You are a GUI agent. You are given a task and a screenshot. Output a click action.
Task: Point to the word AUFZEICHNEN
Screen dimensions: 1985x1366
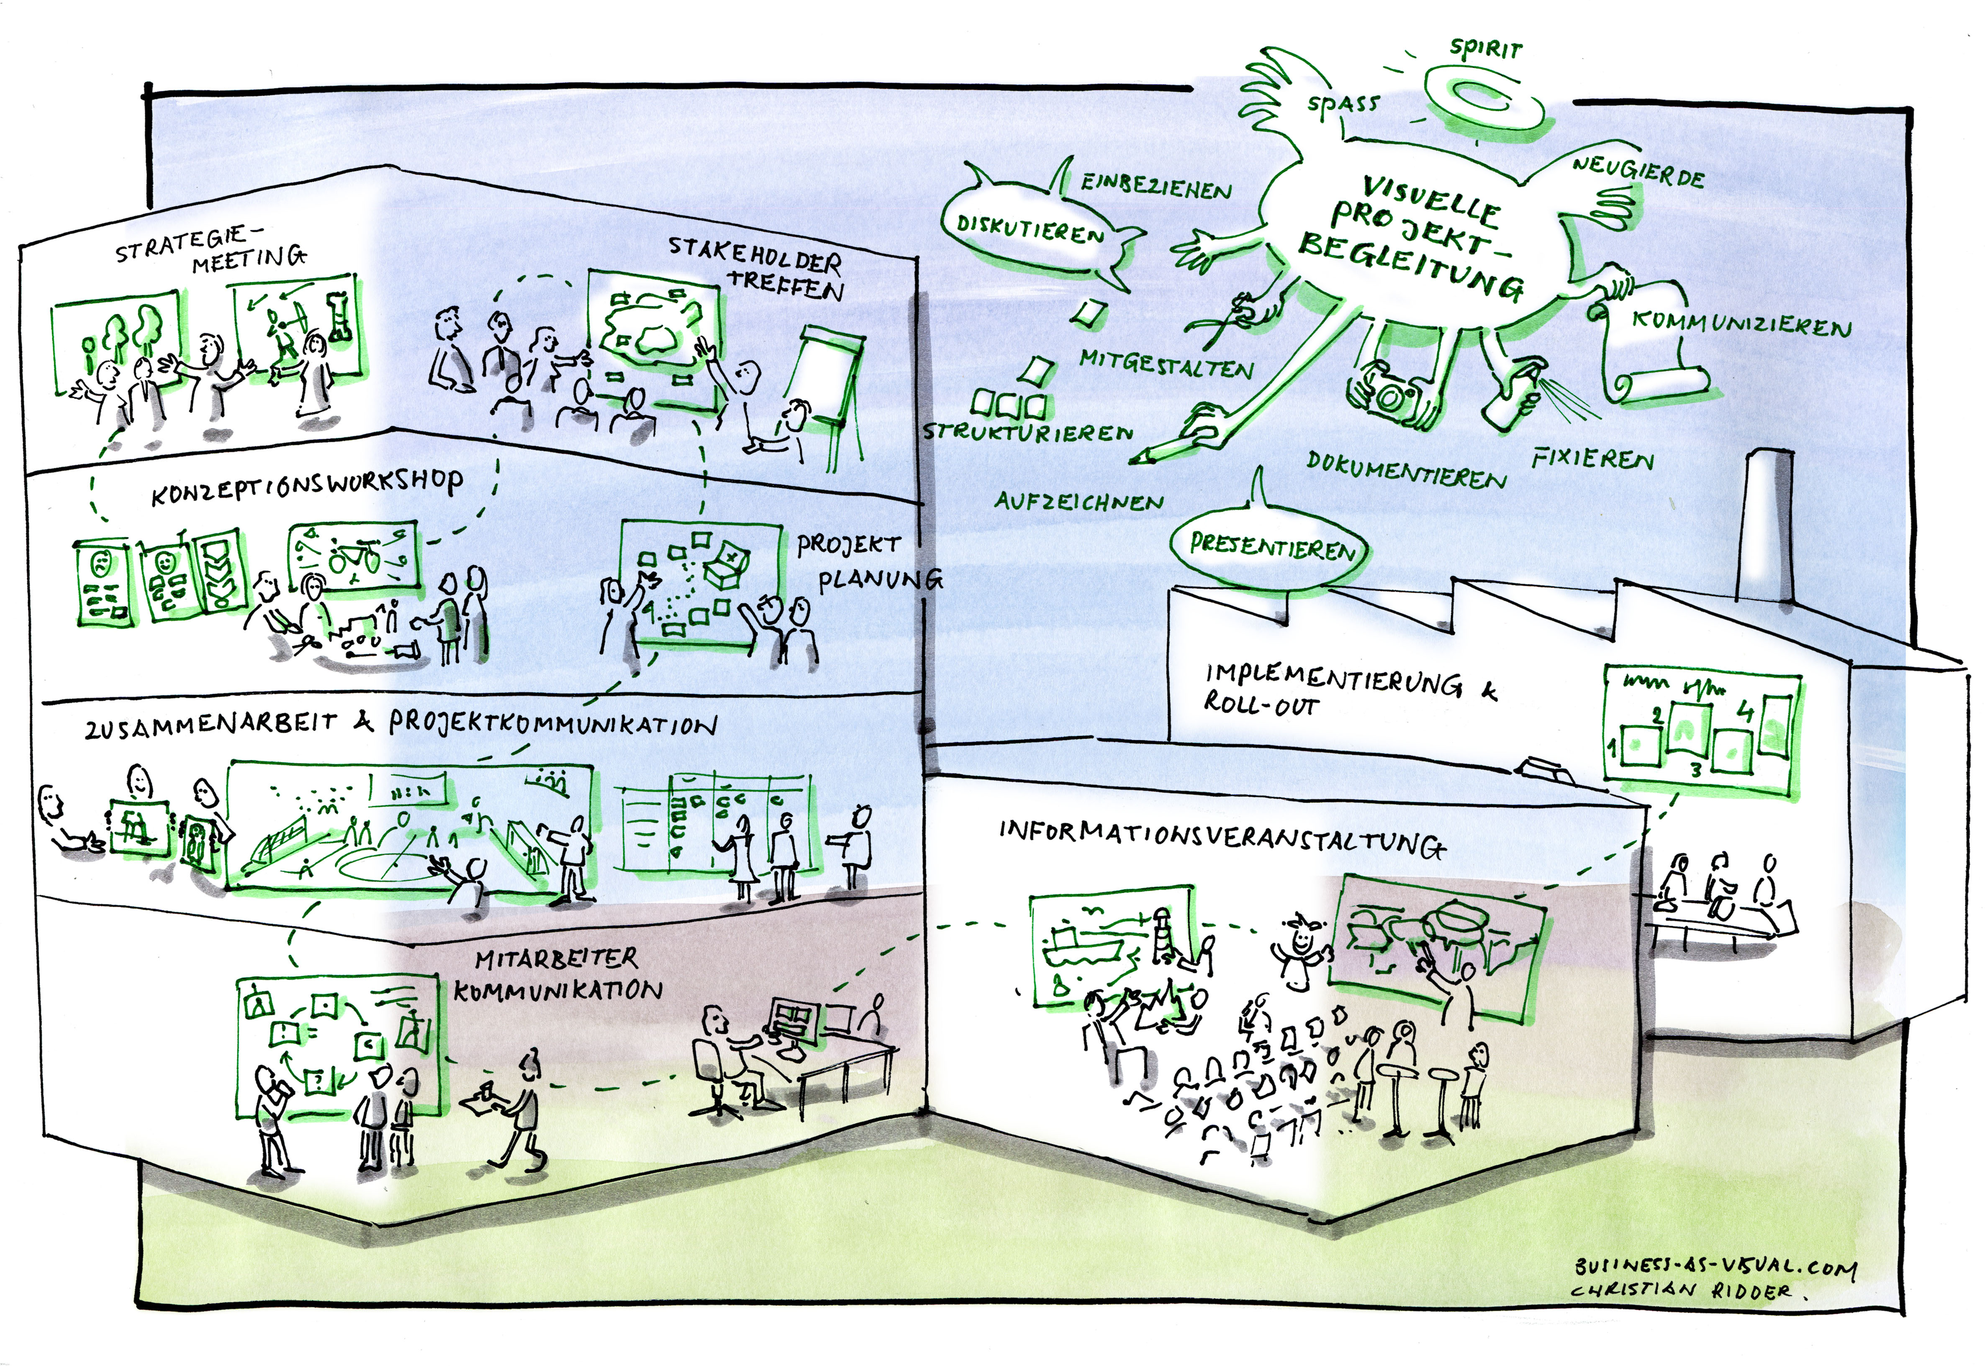(x=1079, y=502)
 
